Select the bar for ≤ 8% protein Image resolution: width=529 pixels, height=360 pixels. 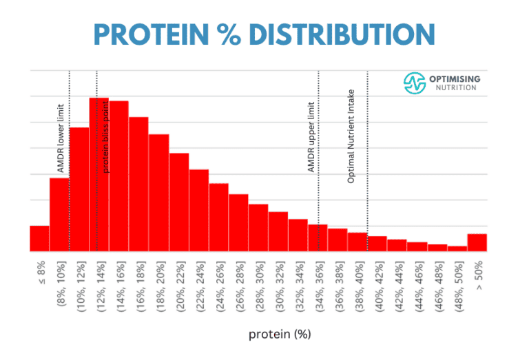pyautogui.click(x=39, y=239)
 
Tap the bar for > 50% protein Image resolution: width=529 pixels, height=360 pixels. pyautogui.click(x=477, y=243)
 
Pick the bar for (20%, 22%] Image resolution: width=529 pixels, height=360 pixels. pyautogui.click(x=179, y=202)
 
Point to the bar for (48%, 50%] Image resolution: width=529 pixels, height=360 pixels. pyautogui.click(x=457, y=248)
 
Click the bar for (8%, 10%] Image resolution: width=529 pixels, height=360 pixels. pyautogui.click(x=59, y=215)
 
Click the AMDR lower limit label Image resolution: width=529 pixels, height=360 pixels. pyautogui.click(x=61, y=138)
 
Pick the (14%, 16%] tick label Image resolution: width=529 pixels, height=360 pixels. pyautogui.click(x=120, y=284)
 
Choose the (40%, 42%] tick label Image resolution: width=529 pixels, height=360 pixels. pyautogui.click(x=377, y=284)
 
